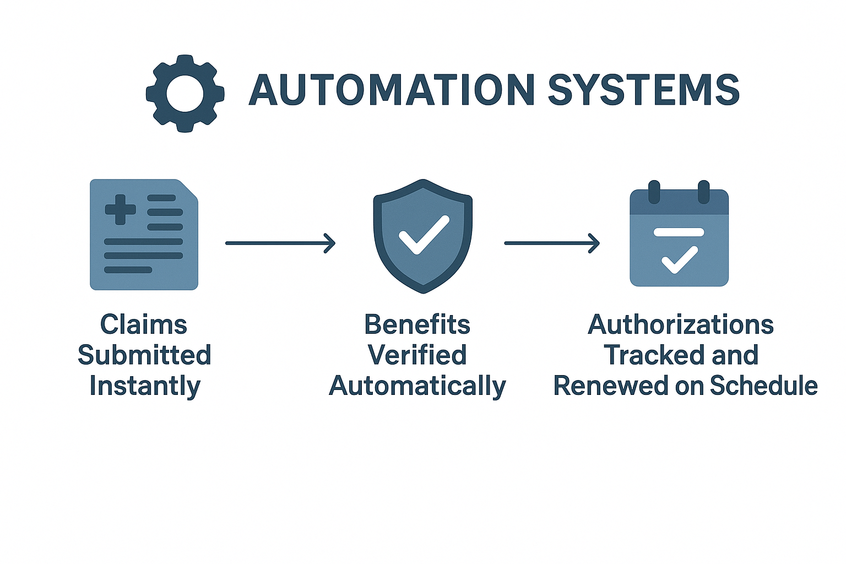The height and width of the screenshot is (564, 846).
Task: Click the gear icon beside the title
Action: (185, 94)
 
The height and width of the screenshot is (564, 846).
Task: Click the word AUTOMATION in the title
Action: (392, 90)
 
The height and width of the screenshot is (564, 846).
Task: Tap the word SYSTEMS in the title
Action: (643, 90)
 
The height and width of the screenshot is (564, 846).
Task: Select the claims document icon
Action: (144, 235)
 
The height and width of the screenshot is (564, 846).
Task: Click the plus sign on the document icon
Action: (120, 209)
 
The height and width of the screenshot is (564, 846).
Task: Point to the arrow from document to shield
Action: (280, 243)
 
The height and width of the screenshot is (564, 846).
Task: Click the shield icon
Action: (422, 236)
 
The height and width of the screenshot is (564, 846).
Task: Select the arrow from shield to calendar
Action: (552, 243)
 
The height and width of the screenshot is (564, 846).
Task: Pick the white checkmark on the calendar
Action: (680, 259)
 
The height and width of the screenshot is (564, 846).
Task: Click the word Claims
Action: (144, 324)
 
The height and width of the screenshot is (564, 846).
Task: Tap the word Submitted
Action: (144, 355)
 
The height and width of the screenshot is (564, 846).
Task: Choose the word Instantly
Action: (145, 386)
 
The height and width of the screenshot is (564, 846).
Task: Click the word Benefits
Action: (417, 324)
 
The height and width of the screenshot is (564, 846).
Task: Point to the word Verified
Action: (417, 355)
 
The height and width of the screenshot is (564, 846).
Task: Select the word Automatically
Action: (417, 386)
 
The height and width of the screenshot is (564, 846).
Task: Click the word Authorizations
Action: (681, 324)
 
